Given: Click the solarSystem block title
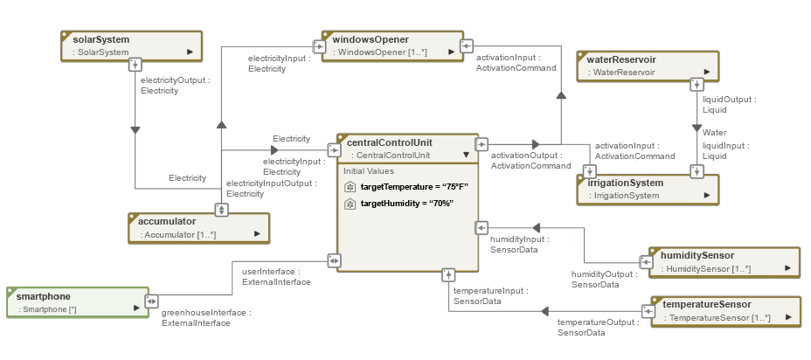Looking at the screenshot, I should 101,39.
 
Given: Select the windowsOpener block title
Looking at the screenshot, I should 371,39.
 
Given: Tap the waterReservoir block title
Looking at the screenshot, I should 621,59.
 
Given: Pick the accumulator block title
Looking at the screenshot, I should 167,221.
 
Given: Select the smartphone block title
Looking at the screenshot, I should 45,296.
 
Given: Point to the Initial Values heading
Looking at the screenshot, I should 368,171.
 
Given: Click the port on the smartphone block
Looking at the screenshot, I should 151,301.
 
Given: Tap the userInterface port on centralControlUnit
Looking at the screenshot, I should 334,260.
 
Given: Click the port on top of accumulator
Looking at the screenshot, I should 221,210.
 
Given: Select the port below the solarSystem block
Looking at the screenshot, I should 135,64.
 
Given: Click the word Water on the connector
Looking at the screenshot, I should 715,132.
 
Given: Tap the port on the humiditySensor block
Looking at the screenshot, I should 646,260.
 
